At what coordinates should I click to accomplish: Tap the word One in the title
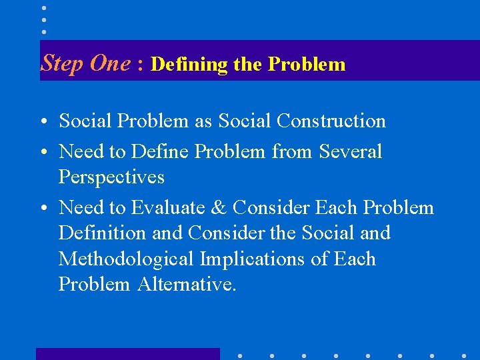[x=110, y=63]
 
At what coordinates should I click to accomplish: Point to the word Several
[x=351, y=151]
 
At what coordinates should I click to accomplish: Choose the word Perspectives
[x=111, y=177]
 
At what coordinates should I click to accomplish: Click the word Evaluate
[x=177, y=208]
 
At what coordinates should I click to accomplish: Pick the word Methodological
[x=122, y=259]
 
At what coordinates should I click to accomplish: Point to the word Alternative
[x=186, y=284]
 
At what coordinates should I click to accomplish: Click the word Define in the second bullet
[x=160, y=151]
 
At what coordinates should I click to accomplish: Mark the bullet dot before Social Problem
[x=45, y=122]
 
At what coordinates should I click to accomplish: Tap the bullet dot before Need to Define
[x=45, y=153]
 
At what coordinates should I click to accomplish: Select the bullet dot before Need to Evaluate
[x=45, y=209]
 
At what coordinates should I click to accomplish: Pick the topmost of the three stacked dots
[x=44, y=8]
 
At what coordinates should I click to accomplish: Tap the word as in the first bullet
[x=203, y=121]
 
